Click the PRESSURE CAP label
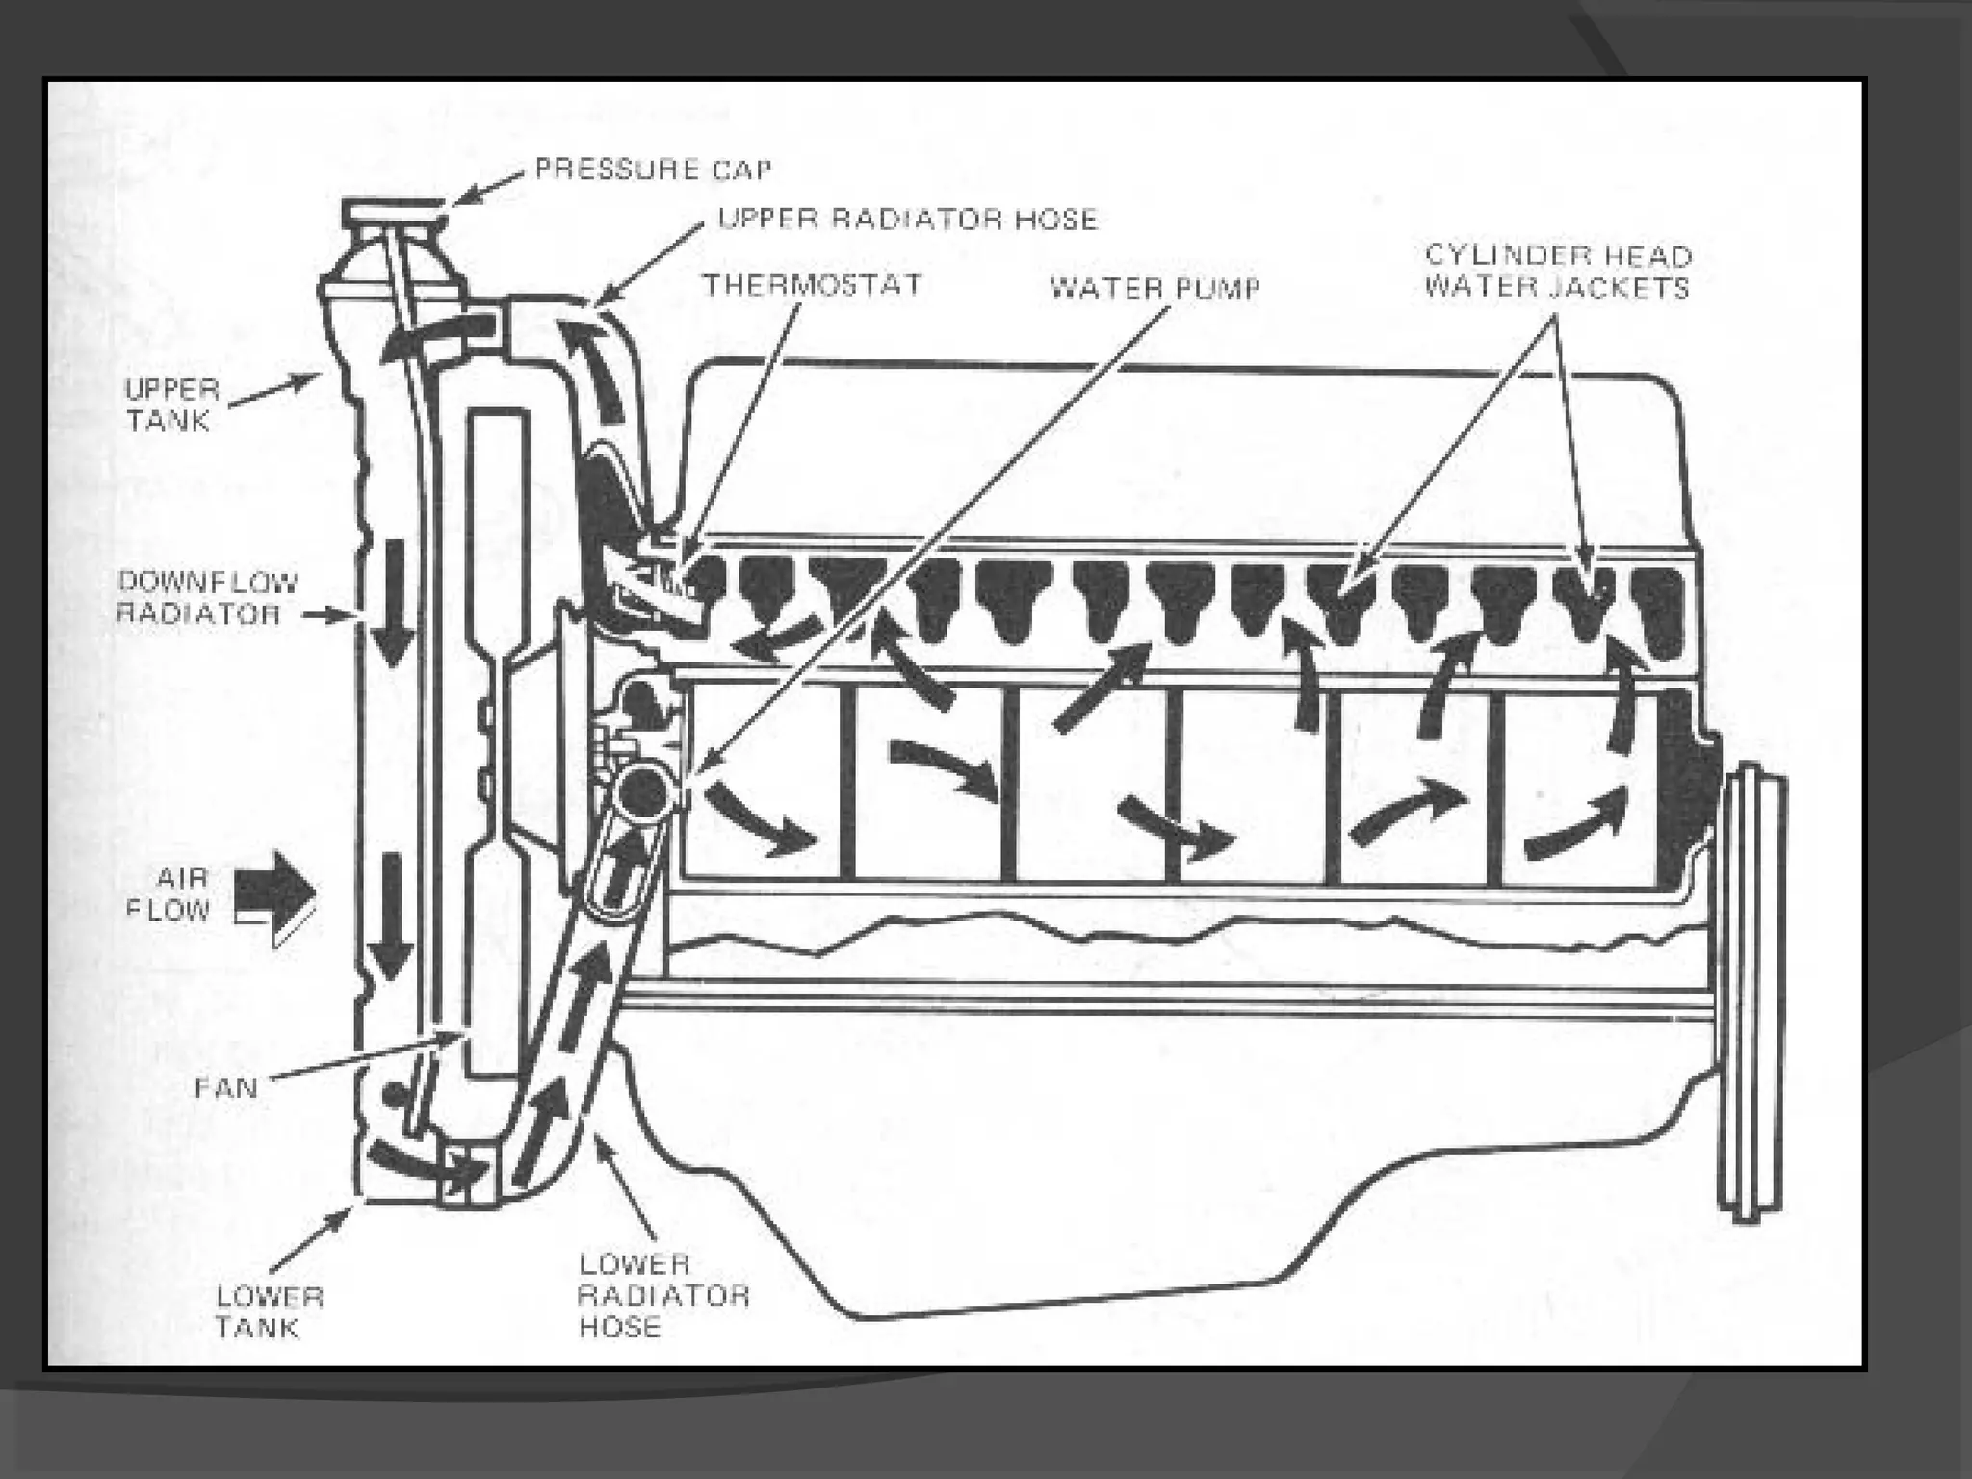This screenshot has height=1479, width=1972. pyautogui.click(x=653, y=170)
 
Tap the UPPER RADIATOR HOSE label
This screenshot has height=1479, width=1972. pyautogui.click(x=907, y=220)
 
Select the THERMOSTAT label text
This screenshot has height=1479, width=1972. pyautogui.click(x=812, y=285)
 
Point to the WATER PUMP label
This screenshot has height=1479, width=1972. pyautogui.click(x=1155, y=288)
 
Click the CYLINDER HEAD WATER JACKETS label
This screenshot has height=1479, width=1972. pyautogui.click(x=1557, y=272)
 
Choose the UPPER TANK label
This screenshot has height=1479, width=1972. pyautogui.click(x=171, y=405)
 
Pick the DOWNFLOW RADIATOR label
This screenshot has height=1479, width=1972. pyautogui.click(x=206, y=598)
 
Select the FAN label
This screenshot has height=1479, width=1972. pyautogui.click(x=226, y=1088)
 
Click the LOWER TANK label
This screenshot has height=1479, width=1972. pyautogui.click(x=269, y=1311)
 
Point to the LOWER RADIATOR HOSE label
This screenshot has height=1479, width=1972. pyautogui.click(x=662, y=1295)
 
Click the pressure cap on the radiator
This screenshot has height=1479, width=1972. pyautogui.click(x=395, y=213)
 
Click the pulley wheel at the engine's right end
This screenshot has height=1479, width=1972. pyautogui.click(x=1751, y=992)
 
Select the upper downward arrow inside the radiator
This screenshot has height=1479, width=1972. pyautogui.click(x=393, y=602)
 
